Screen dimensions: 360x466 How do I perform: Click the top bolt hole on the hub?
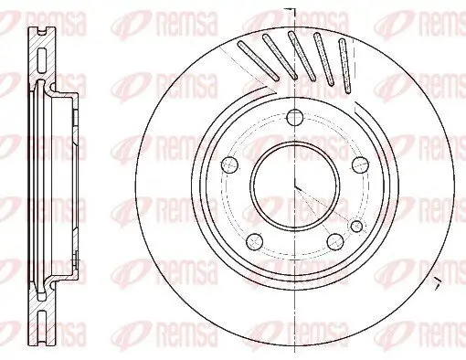[294, 118]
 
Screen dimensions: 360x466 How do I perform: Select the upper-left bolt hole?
[230, 164]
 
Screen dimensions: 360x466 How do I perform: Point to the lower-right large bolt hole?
[334, 239]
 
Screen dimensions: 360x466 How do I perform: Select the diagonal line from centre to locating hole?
[324, 206]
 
